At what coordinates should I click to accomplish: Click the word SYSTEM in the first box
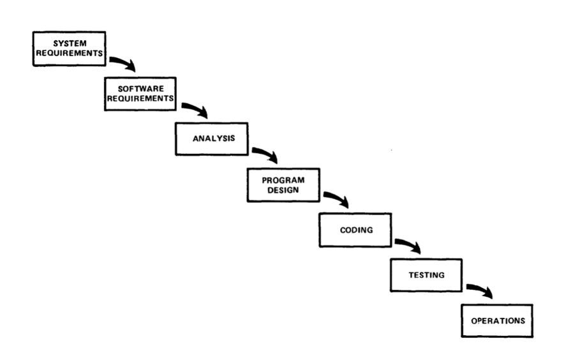coord(70,43)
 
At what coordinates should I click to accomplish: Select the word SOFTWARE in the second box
coord(140,89)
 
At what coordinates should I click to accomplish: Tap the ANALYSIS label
coord(214,139)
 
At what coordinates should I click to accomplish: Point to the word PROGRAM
coord(283,180)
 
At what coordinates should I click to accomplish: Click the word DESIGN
coord(283,190)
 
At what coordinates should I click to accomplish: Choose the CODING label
coord(356,230)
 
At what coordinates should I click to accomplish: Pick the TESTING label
coord(426,275)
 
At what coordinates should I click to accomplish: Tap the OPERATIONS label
coord(498,321)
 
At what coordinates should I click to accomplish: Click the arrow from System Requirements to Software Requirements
coord(124,62)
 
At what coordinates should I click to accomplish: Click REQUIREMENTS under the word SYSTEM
coord(70,53)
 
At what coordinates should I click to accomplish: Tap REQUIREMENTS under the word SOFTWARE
coord(140,99)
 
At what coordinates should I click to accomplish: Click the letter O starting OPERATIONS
coord(474,321)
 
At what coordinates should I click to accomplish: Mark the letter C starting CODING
coord(343,230)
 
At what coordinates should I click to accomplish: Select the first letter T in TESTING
coord(412,275)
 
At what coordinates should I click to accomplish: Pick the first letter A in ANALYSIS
coord(196,139)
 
